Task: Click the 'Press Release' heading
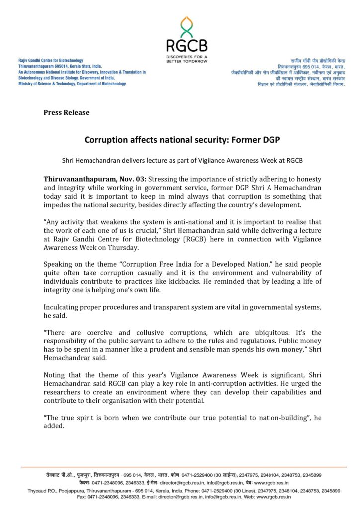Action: click(66, 112)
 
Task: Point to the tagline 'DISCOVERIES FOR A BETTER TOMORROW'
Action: click(186, 59)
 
